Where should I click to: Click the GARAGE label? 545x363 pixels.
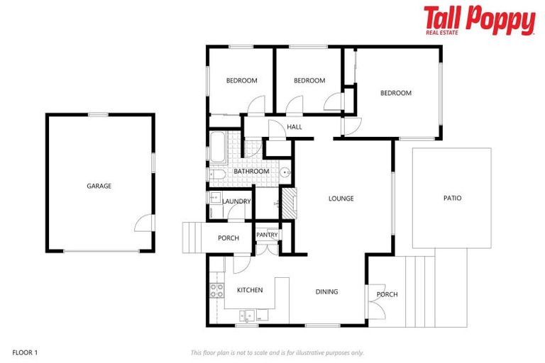pos(99,186)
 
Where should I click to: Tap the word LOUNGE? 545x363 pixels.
pos(341,199)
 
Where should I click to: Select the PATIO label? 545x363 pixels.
pos(452,198)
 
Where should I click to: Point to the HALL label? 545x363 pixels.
pos(294,128)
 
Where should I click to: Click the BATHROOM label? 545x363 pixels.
pos(251,172)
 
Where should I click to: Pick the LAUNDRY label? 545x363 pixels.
pos(236,201)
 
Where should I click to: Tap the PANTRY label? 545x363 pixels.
pos(267,235)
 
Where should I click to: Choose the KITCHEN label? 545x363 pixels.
pos(250,290)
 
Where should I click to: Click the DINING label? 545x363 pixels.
pos(326,291)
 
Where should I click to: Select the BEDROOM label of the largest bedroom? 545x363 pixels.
pos(395,93)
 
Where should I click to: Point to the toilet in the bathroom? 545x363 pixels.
pos(217,175)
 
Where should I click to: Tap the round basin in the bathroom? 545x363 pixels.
pos(285,172)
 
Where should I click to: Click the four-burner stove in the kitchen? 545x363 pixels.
pos(216,289)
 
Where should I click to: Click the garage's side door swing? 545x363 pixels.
pos(144,223)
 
